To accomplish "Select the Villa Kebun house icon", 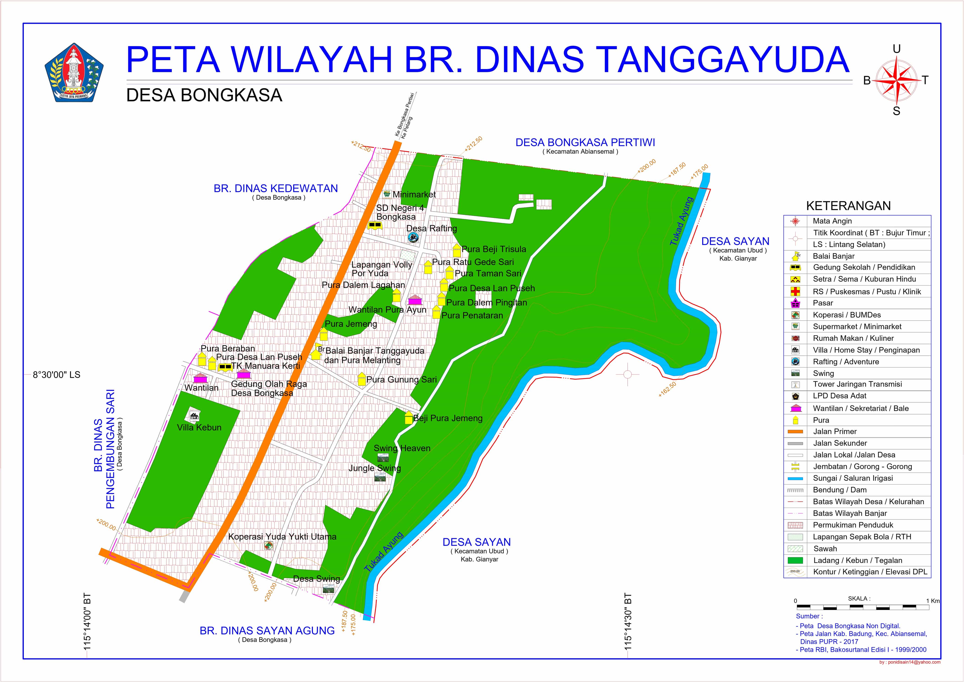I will point(194,416).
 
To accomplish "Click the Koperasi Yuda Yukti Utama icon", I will point(268,546).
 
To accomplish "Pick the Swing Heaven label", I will point(402,448).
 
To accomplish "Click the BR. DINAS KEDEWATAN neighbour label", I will point(276,189).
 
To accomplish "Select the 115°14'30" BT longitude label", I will point(628,622).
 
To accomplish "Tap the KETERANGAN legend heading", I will point(848,206).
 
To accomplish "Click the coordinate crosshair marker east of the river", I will point(628,375).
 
